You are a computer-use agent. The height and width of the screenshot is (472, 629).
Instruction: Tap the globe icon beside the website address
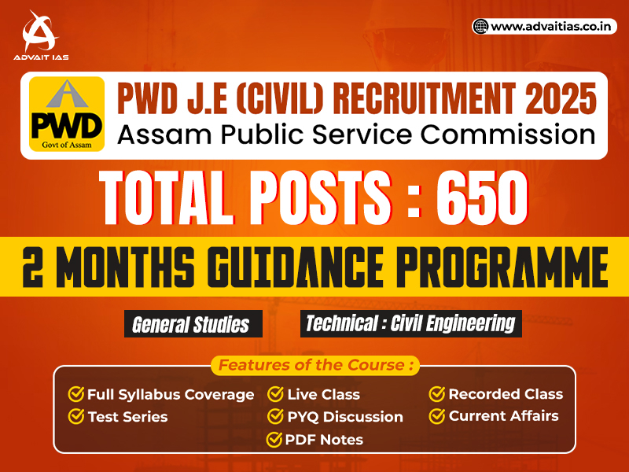pos(480,27)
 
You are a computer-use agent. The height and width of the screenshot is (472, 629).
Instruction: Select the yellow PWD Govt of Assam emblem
pos(67,114)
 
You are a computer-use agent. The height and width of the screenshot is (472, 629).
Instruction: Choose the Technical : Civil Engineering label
pos(410,323)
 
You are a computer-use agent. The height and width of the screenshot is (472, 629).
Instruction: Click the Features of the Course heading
pos(315,366)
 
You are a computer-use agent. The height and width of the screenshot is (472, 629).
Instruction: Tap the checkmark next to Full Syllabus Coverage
pos(76,394)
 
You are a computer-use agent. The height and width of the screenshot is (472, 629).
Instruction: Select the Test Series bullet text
pos(127,417)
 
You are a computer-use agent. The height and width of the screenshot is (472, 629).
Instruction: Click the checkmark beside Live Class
pos(276,394)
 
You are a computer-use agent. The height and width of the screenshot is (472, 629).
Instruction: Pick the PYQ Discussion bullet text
pos(345,417)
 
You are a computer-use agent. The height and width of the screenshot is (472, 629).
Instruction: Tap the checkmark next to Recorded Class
pos(437,394)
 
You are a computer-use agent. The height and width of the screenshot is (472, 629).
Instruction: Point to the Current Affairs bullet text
pos(504,416)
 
